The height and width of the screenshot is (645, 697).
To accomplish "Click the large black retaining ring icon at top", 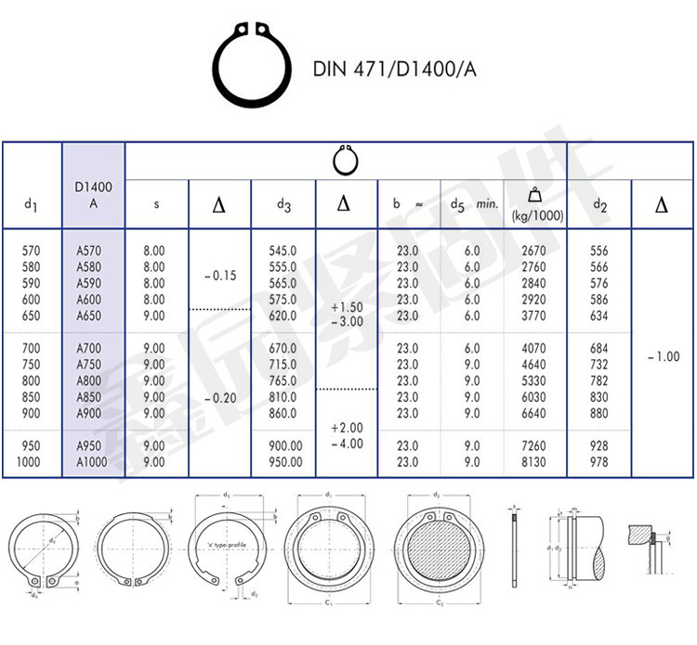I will tap(250, 69).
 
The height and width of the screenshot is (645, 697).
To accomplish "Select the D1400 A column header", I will tap(93, 196).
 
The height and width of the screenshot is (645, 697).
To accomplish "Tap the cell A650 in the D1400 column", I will tap(90, 316).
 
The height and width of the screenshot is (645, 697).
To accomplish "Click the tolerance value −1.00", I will tap(662, 356).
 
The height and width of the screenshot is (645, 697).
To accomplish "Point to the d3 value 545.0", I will tap(283, 251).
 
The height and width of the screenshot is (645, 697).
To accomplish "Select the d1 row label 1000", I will tap(30, 461).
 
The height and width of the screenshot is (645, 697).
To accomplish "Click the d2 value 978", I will tap(598, 461).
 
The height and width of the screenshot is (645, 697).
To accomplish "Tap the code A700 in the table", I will tap(90, 348).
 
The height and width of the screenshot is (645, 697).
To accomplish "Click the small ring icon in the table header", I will tap(345, 160).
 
